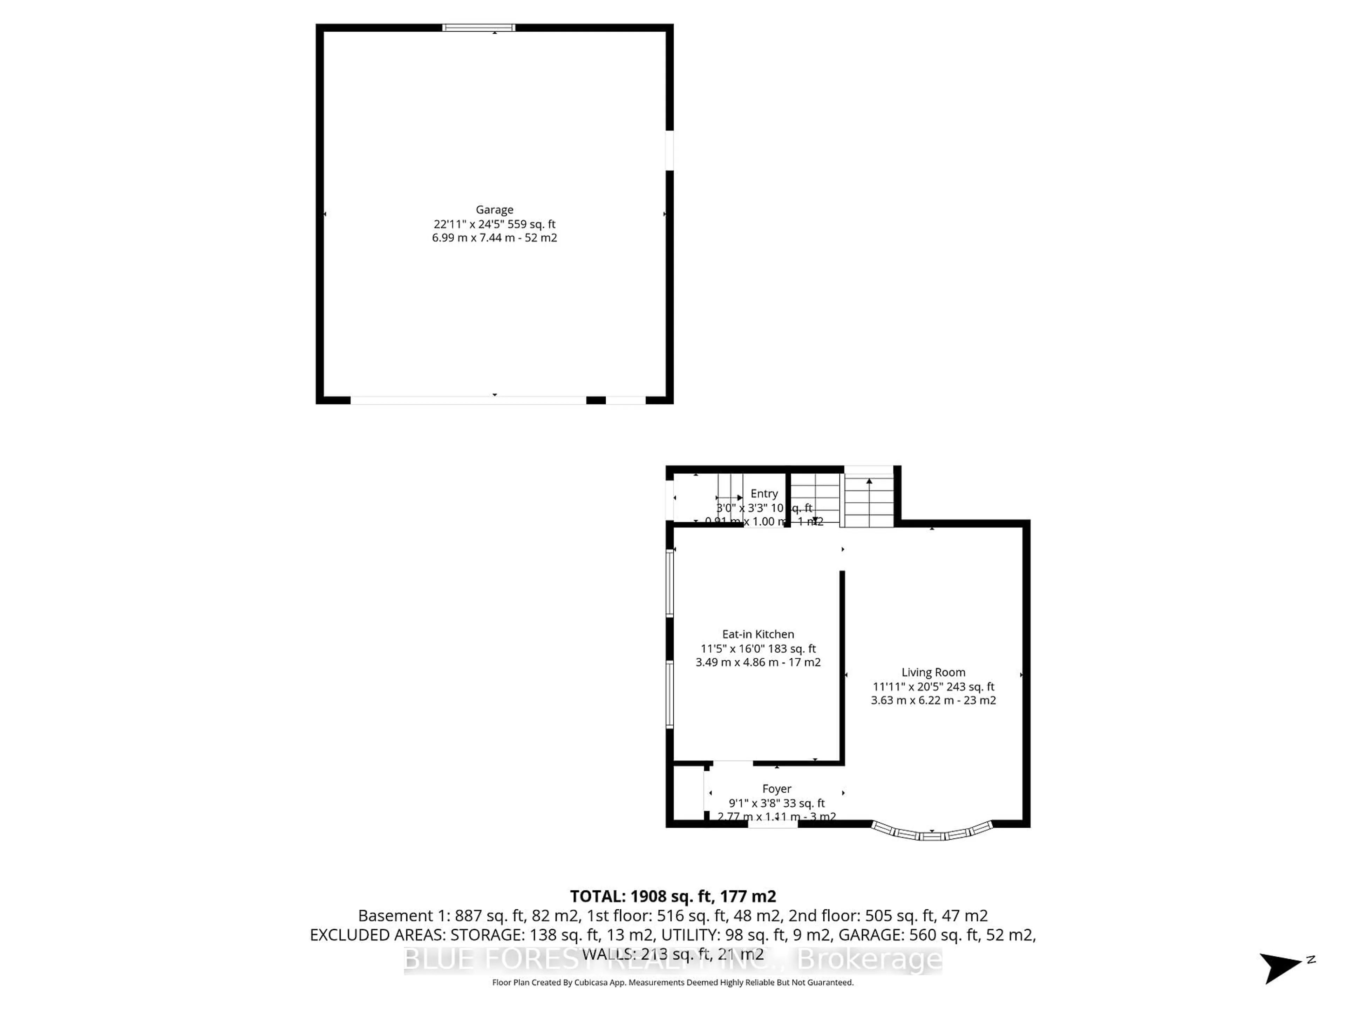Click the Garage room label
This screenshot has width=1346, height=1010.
tap(494, 209)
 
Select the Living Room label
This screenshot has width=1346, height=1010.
tap(933, 672)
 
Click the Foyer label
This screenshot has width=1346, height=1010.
tap(776, 788)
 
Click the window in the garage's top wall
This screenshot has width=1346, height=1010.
tap(478, 27)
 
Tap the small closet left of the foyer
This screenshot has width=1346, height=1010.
tap(688, 793)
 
